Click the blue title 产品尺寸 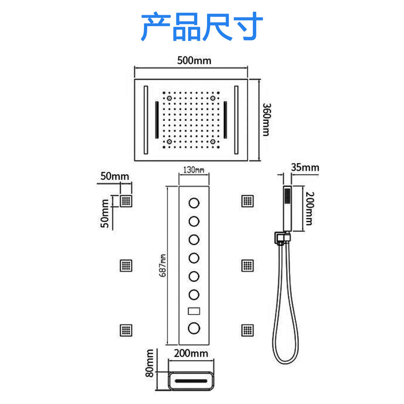tap(202, 27)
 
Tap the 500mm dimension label tap(194, 60)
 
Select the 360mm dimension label tap(265, 120)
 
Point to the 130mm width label tap(194, 170)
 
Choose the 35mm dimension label tap(305, 167)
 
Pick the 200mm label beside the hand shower tap(309, 208)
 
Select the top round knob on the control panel tap(194, 203)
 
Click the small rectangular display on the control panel tap(194, 312)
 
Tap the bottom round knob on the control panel tap(194, 328)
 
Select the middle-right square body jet tap(247, 266)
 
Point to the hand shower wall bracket tap(281, 238)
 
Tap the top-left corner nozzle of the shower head tap(169, 98)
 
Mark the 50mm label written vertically tap(106, 213)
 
